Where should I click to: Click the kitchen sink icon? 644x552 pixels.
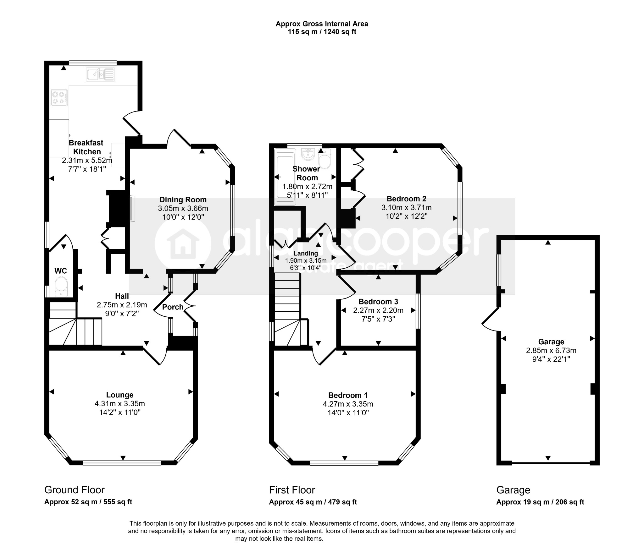tap(100, 74)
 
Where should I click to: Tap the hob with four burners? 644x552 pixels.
tap(59, 98)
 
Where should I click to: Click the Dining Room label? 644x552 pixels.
tap(183, 200)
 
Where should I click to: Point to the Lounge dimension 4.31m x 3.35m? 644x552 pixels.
tap(120, 404)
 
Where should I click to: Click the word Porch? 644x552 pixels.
tap(173, 307)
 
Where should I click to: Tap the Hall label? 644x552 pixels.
tap(122, 296)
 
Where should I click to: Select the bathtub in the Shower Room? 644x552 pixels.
tap(285, 177)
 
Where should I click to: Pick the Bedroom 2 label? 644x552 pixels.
tap(407, 199)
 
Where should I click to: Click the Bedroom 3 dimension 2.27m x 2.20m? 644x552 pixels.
tap(378, 310)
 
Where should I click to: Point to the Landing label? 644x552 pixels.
tap(306, 253)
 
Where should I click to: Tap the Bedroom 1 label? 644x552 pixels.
tap(348, 395)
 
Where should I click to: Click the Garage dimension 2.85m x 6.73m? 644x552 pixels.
tap(551, 351)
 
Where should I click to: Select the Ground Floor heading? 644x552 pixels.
tap(75, 490)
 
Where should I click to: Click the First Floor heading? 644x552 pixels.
tap(292, 490)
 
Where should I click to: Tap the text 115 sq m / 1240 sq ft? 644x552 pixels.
tap(322, 32)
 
